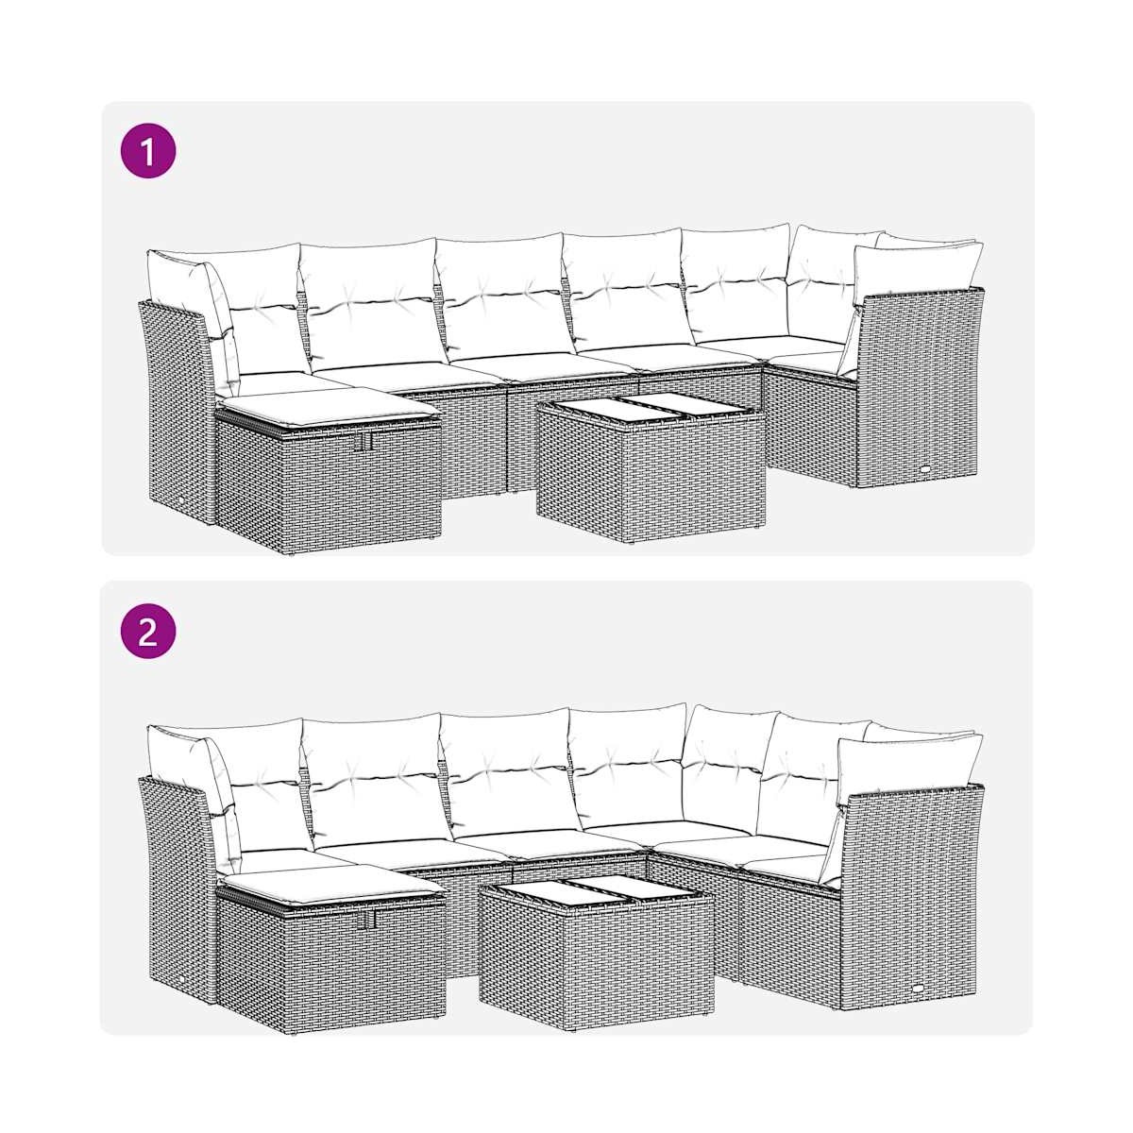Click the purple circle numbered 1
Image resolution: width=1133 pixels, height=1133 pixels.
(x=147, y=150)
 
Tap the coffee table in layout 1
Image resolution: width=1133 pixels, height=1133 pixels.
(x=651, y=467)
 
